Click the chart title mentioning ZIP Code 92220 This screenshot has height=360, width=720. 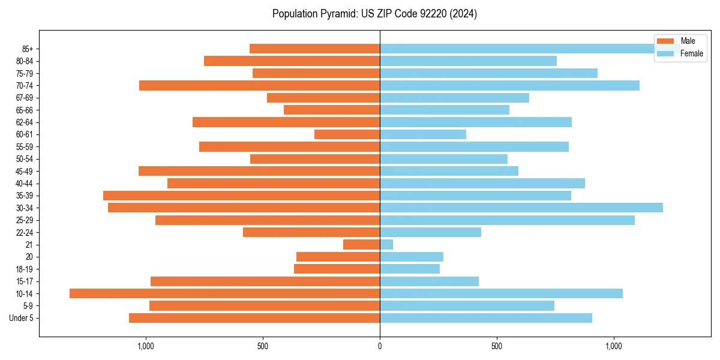click(x=374, y=14)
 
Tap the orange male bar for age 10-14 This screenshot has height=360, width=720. click(x=224, y=293)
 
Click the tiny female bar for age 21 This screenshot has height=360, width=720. click(x=386, y=244)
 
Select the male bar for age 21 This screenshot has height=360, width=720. click(x=361, y=244)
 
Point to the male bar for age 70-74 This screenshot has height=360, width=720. click(x=259, y=85)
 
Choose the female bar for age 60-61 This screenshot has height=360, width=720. click(x=422, y=134)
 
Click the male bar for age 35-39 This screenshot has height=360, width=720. click(x=241, y=196)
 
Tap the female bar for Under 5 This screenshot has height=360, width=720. click(x=485, y=318)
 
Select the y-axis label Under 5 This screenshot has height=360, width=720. click(x=22, y=318)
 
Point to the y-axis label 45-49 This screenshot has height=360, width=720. click(x=25, y=171)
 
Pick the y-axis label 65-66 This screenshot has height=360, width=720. click(x=25, y=110)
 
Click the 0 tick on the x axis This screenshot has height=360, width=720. click(x=380, y=346)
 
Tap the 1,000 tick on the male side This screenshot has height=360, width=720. click(x=146, y=346)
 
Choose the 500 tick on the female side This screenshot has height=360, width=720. click(x=496, y=346)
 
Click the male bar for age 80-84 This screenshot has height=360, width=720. click(x=292, y=61)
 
